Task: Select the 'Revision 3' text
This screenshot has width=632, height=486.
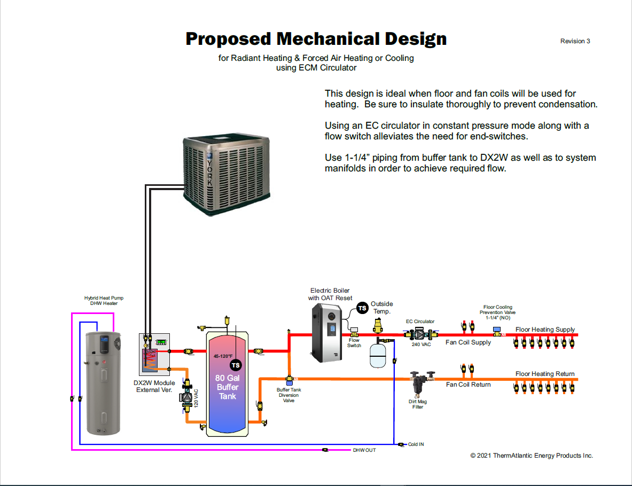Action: [x=575, y=41]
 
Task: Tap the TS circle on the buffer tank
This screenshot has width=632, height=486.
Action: [x=236, y=365]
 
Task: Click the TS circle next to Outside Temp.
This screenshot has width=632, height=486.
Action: [x=362, y=308]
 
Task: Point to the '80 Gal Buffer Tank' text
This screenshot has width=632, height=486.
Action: [x=227, y=387]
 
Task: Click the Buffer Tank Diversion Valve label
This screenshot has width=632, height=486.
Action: [x=288, y=395]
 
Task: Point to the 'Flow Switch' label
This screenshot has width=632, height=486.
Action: [x=354, y=343]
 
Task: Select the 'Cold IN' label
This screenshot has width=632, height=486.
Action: [x=416, y=444]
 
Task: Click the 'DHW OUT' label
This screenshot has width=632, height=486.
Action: [x=364, y=450]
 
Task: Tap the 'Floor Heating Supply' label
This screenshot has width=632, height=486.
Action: [x=545, y=330]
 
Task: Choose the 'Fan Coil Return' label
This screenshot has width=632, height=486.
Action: [x=468, y=385]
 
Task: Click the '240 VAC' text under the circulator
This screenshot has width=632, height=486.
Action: [x=421, y=344]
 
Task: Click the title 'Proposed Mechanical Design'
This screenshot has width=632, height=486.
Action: [x=316, y=39]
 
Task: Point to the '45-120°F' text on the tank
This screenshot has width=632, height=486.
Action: [x=223, y=356]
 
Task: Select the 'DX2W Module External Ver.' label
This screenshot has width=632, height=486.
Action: [x=154, y=386]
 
